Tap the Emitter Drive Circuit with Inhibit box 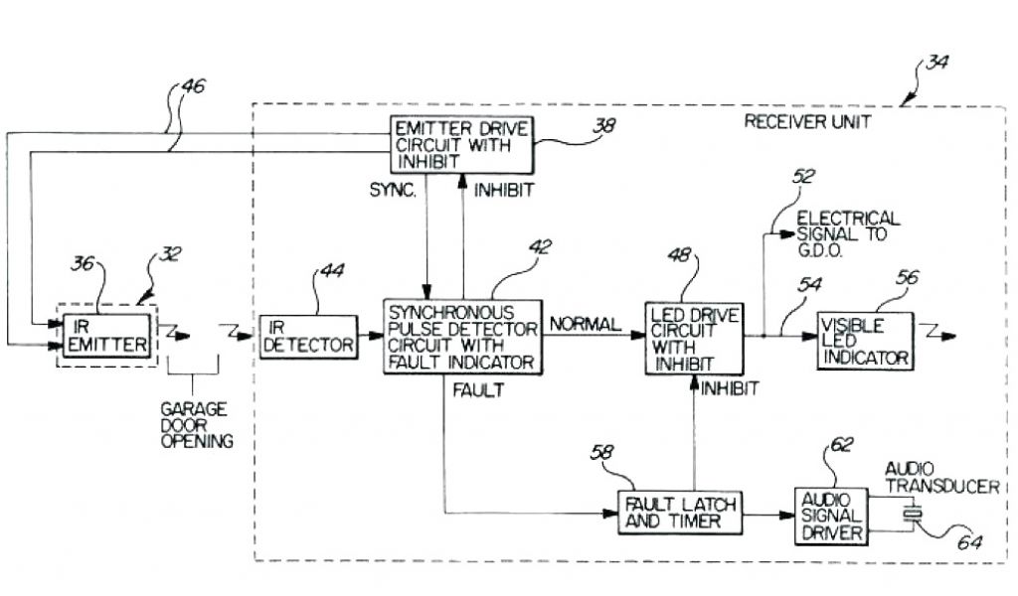[x=460, y=145]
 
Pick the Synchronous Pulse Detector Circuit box [x=463, y=337]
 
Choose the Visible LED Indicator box [x=864, y=339]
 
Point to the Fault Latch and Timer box [x=680, y=513]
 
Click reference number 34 [x=935, y=62]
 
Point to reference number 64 [x=969, y=542]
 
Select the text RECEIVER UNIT [x=807, y=122]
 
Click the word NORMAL [x=585, y=325]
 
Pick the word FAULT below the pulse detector [x=478, y=390]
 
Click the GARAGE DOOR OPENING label [x=195, y=424]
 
